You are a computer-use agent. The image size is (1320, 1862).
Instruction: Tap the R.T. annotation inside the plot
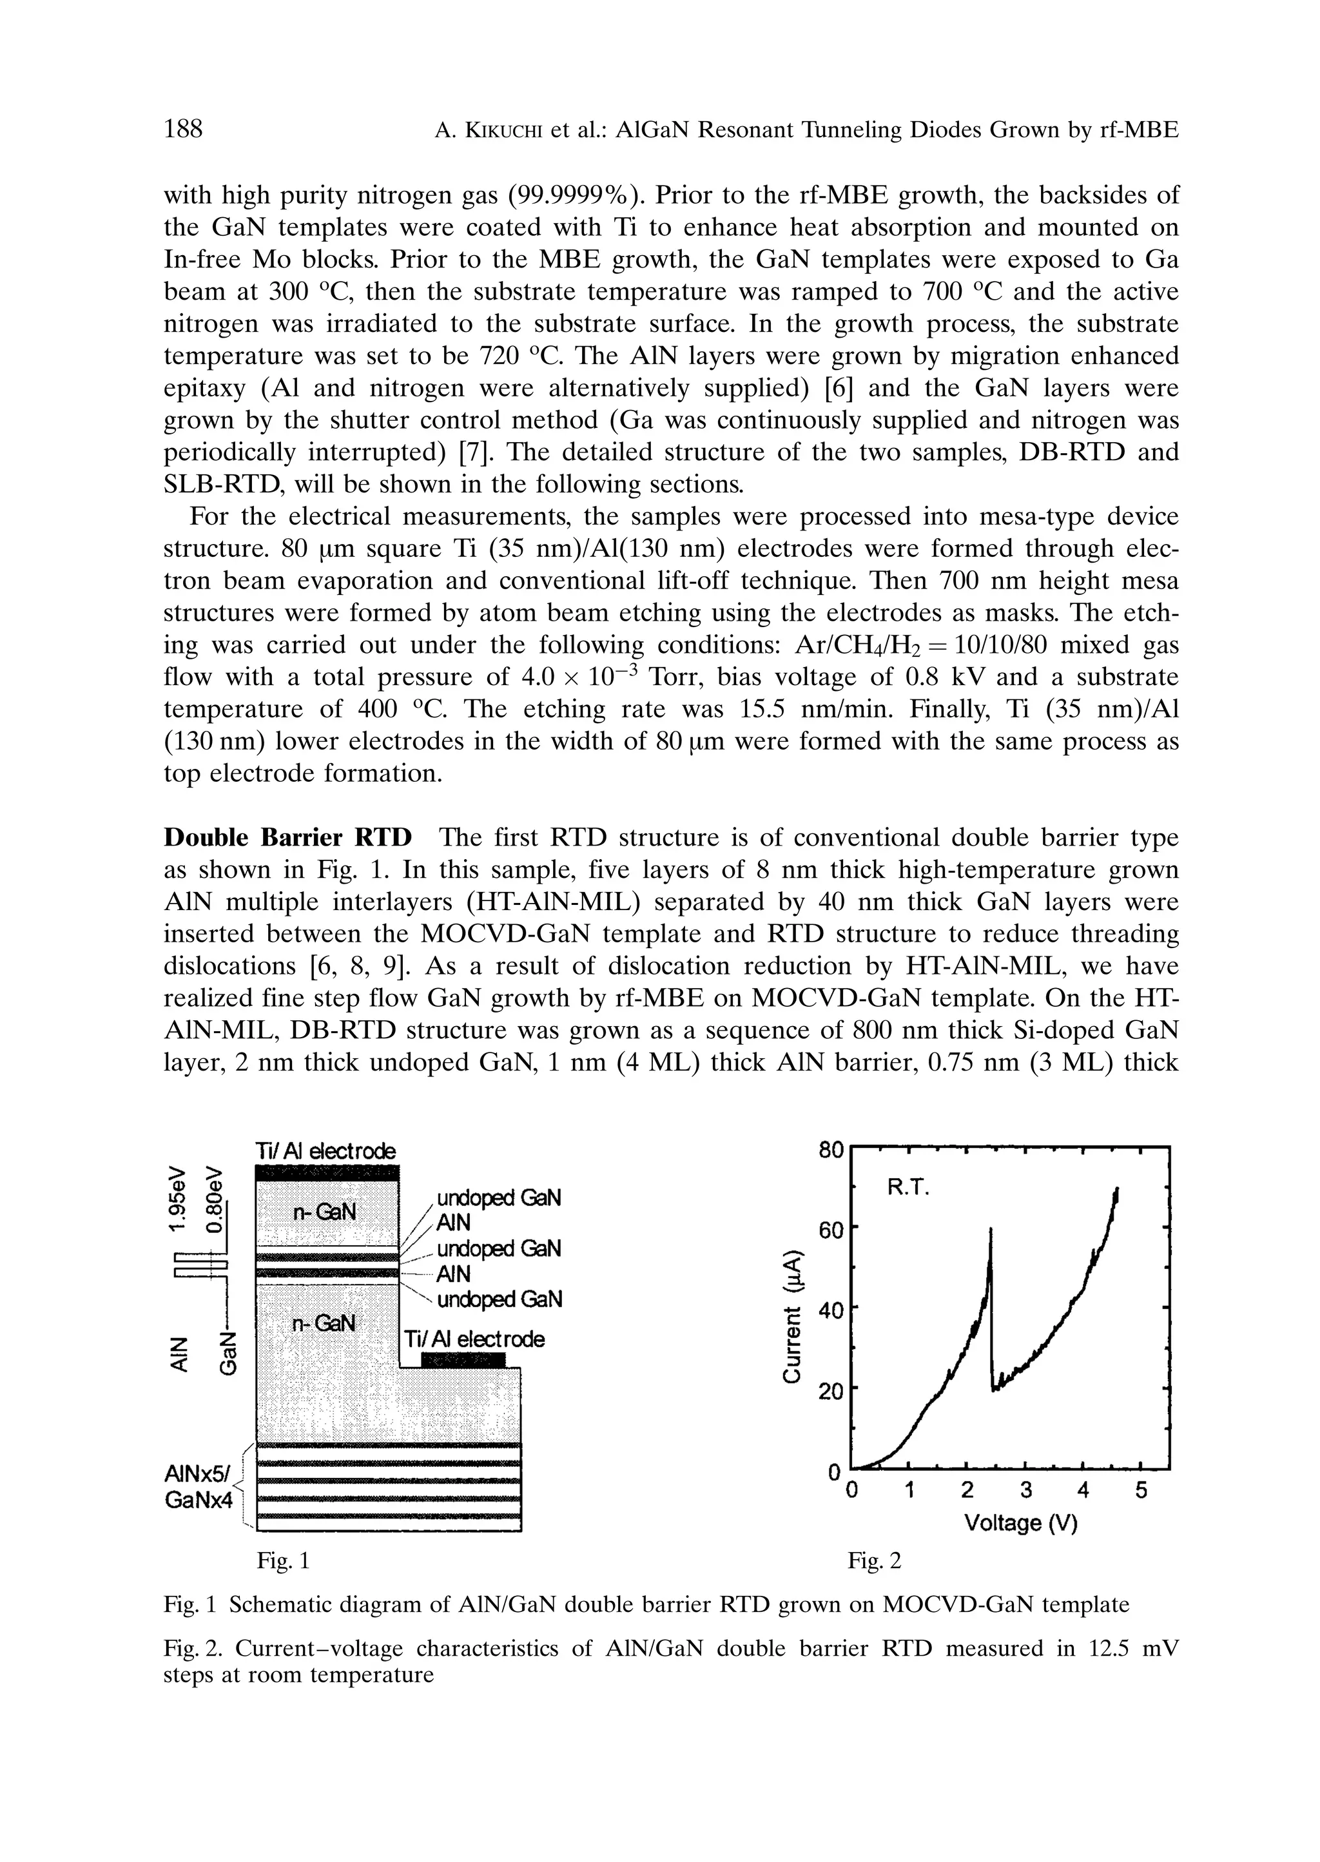(907, 1189)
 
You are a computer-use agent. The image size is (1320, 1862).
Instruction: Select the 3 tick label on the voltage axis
(1025, 1491)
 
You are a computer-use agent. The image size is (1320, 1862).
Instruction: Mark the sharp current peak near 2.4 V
(991, 1230)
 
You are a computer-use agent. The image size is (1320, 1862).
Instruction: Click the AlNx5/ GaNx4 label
(199, 1486)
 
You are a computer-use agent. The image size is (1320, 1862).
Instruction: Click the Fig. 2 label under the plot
(875, 1560)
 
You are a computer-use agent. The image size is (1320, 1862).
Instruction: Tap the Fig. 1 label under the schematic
(284, 1560)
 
